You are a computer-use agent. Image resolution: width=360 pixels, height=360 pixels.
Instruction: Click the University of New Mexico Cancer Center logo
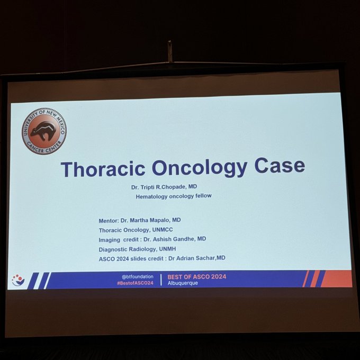click(x=44, y=131)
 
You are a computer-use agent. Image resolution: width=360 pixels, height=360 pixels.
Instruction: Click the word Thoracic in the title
click(x=103, y=169)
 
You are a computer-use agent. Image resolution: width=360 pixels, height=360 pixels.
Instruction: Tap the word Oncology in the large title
click(x=200, y=168)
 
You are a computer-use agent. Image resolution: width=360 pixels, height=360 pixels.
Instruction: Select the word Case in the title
click(x=280, y=165)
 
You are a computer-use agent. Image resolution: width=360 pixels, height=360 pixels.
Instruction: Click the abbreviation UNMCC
click(x=163, y=230)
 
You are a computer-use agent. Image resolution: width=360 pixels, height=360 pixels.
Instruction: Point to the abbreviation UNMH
click(x=168, y=249)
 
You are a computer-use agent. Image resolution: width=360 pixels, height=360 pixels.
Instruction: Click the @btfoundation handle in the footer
click(x=138, y=277)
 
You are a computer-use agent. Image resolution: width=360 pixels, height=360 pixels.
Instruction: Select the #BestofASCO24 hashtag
click(x=135, y=283)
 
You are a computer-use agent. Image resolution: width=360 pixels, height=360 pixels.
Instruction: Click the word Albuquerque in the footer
click(x=183, y=283)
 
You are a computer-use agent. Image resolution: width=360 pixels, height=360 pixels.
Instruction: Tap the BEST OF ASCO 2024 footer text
click(x=197, y=277)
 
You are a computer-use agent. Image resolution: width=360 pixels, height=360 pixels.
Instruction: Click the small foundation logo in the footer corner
click(x=18, y=281)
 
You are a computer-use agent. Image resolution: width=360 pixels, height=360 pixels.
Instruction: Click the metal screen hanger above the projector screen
click(x=169, y=51)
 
